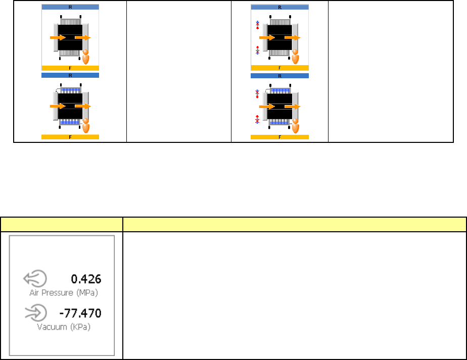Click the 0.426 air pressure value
[86, 279]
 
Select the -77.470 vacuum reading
[80, 313]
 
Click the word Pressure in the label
[57, 293]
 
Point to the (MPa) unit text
[87, 293]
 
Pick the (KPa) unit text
[80, 327]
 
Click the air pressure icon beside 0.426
[35, 279]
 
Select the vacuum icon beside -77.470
[36, 313]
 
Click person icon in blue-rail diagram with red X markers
[296, 126]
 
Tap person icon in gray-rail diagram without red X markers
[86, 57]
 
